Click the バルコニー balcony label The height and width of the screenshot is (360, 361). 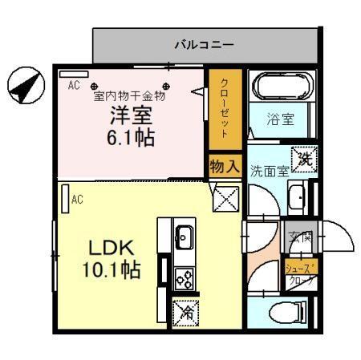(205, 45)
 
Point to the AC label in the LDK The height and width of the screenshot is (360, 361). (78, 199)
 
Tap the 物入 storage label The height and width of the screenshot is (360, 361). (224, 166)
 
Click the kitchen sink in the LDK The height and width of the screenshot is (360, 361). (184, 237)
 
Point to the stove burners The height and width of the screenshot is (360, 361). (184, 278)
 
